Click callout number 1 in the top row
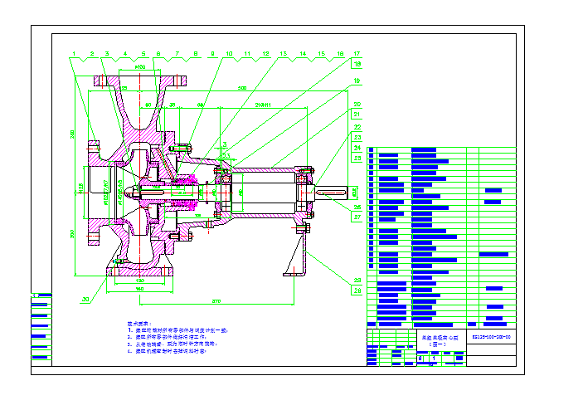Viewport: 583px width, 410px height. pos(73,53)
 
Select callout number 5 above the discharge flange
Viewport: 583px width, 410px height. pos(143,53)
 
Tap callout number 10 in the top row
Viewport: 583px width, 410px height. pos(230,53)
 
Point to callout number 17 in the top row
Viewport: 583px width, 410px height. pos(357,53)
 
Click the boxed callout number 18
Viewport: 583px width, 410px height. pos(357,63)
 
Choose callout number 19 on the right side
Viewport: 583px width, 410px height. pos(357,81)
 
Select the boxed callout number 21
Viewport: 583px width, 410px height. pos(357,114)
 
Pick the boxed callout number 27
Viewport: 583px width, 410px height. pos(357,217)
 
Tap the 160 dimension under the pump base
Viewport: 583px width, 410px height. pos(138,289)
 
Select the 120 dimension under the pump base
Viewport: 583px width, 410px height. pos(140,281)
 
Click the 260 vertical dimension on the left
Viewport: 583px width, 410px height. pos(73,133)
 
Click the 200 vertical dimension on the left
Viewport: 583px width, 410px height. pos(73,234)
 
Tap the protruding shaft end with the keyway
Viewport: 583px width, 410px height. pos(332,193)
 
